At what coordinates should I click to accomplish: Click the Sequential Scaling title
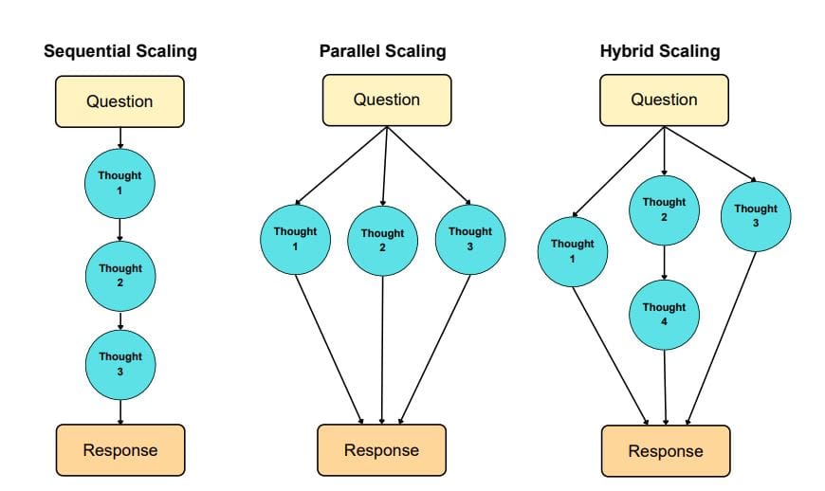click(x=120, y=51)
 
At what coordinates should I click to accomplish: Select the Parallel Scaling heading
click(x=382, y=51)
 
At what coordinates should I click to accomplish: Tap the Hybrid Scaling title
click(x=660, y=51)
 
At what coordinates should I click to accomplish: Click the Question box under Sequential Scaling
click(x=120, y=101)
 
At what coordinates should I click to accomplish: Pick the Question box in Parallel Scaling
click(x=386, y=100)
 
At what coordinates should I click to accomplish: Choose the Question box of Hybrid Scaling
click(x=664, y=100)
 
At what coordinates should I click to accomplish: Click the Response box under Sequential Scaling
click(x=120, y=449)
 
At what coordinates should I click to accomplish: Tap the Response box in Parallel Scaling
click(x=381, y=450)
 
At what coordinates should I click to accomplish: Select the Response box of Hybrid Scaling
click(x=666, y=451)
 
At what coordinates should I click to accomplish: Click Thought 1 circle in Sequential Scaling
click(x=120, y=183)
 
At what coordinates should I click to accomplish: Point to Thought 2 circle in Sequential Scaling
click(x=120, y=275)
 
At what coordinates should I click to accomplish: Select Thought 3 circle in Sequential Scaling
click(x=120, y=363)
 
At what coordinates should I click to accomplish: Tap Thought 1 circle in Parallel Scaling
click(x=295, y=238)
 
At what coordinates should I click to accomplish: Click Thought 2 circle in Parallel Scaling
click(x=382, y=240)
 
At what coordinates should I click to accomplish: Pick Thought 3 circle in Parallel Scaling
click(x=470, y=238)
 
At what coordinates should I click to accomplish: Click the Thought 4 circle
click(x=664, y=314)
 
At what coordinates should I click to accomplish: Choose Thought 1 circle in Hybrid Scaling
click(x=572, y=250)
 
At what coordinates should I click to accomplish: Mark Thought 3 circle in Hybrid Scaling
click(x=756, y=215)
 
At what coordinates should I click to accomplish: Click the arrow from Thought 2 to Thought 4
click(x=664, y=262)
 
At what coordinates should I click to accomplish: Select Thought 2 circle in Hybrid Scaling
click(x=664, y=209)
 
